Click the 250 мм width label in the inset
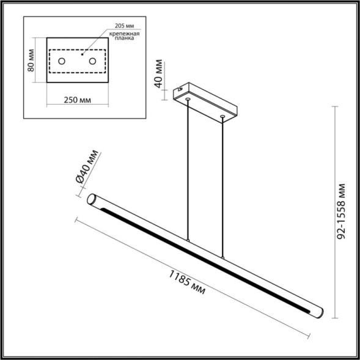[77, 101]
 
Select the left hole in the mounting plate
[62, 61]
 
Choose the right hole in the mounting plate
[92, 61]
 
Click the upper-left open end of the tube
[94, 200]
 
